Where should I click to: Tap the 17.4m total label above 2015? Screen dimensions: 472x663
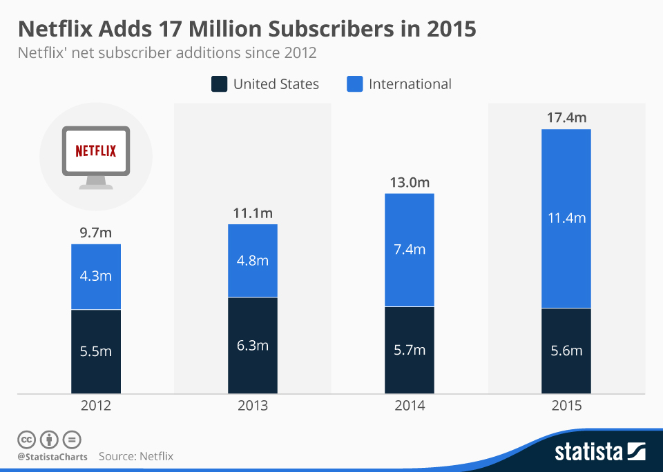[566, 118]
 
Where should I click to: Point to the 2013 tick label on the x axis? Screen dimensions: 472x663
[253, 406]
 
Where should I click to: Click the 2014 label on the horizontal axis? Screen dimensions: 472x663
[410, 406]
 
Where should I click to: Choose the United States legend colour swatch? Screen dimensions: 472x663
[219, 84]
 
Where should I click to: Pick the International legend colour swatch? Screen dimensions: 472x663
[354, 84]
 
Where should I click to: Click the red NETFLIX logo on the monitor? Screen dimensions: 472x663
[96, 150]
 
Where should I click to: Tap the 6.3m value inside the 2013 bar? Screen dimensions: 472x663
[253, 345]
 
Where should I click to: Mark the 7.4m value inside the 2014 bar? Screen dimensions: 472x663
[410, 249]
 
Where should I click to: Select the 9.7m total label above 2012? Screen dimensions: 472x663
[96, 233]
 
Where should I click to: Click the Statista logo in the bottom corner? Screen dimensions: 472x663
[599, 452]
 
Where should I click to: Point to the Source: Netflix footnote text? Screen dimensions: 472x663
[136, 456]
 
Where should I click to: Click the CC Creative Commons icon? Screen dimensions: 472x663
[26, 439]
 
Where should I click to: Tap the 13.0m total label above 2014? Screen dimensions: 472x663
[410, 182]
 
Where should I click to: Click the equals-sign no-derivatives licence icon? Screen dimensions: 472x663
[72, 439]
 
